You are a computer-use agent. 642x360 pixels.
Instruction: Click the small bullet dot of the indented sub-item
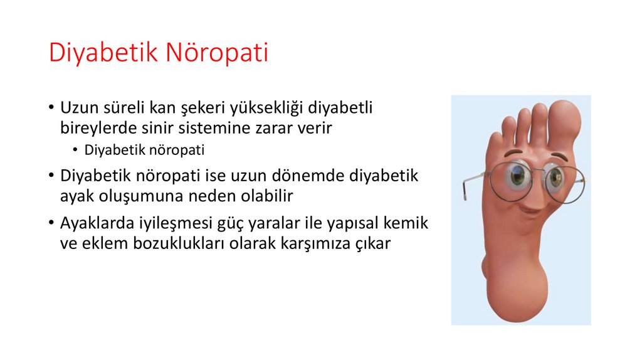pos(75,151)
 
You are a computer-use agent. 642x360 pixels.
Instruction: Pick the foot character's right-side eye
pos(554,179)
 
